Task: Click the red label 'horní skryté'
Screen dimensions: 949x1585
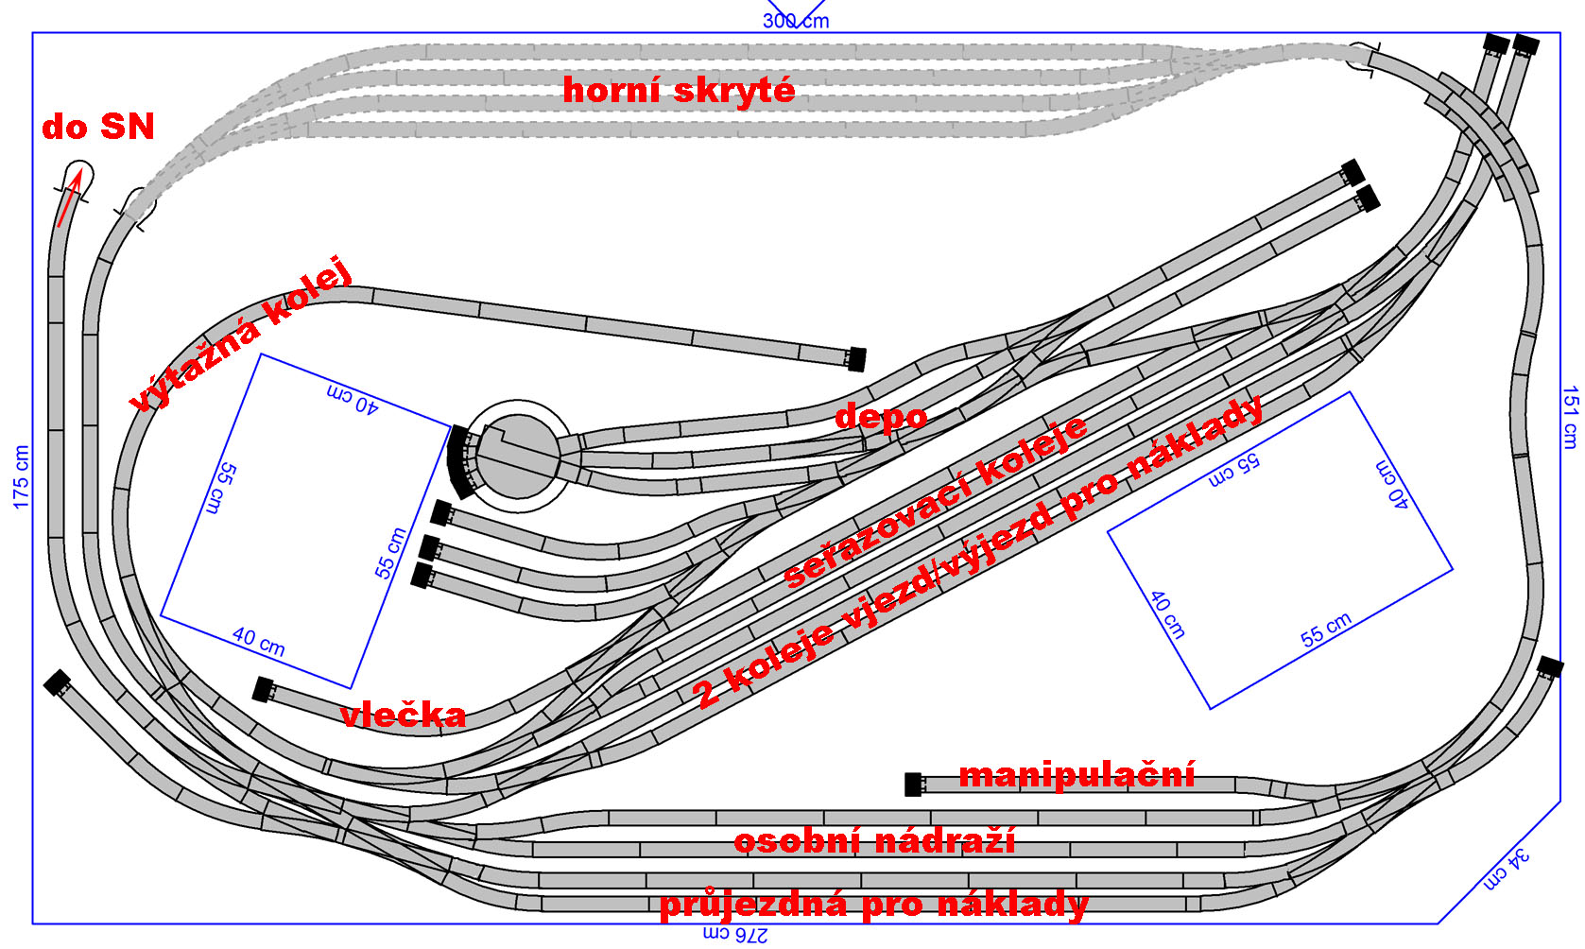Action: [679, 90]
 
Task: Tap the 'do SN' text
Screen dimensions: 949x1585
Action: [98, 127]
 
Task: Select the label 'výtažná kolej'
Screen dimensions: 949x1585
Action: [241, 335]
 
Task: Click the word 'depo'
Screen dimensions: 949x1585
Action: [881, 416]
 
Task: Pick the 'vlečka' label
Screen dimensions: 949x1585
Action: [403, 715]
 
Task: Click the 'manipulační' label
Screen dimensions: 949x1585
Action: [1077, 775]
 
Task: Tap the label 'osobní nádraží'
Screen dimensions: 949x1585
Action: [874, 840]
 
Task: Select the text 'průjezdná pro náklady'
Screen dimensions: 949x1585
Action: [873, 905]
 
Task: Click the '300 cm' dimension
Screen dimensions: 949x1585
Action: [796, 20]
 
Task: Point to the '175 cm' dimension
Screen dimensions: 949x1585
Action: [21, 477]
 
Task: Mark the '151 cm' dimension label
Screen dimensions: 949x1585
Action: [1570, 417]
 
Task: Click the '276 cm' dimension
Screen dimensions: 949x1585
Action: [735, 935]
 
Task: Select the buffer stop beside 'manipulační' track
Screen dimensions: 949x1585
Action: [913, 785]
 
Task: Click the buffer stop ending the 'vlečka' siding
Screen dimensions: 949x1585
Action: [263, 689]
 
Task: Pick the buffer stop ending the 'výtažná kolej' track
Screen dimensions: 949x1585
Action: [856, 359]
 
